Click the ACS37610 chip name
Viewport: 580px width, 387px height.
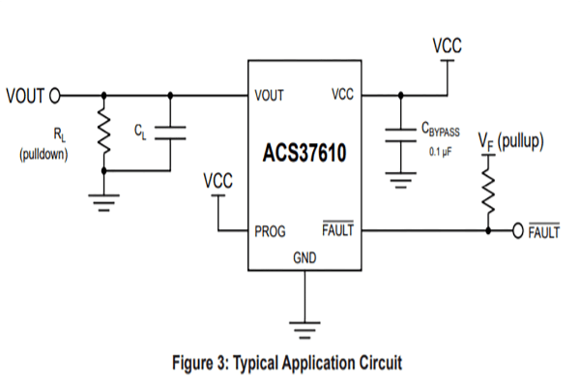coord(304,153)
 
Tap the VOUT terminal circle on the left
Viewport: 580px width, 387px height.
coord(55,96)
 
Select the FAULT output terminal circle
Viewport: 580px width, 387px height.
coord(518,230)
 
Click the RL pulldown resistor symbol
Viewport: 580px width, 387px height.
coord(104,132)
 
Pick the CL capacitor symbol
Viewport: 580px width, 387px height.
coord(170,133)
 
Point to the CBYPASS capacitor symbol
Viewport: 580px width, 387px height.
coord(400,135)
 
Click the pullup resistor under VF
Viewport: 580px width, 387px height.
coord(488,193)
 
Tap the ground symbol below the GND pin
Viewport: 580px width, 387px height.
coord(304,330)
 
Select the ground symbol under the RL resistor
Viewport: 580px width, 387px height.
coord(104,202)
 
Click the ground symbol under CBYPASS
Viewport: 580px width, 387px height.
coord(400,180)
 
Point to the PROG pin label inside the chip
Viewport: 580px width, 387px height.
coord(270,231)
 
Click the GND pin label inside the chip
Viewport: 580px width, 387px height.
coord(304,257)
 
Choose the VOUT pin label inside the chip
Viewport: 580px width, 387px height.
coord(269,96)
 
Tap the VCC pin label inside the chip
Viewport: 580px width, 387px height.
coord(342,94)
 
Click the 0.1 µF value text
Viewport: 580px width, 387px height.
coord(441,152)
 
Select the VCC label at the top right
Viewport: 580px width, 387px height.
coord(448,45)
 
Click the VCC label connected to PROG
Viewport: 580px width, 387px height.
coord(217,181)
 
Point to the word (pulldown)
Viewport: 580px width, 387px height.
coord(43,154)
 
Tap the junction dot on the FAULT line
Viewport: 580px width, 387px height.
coord(488,230)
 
